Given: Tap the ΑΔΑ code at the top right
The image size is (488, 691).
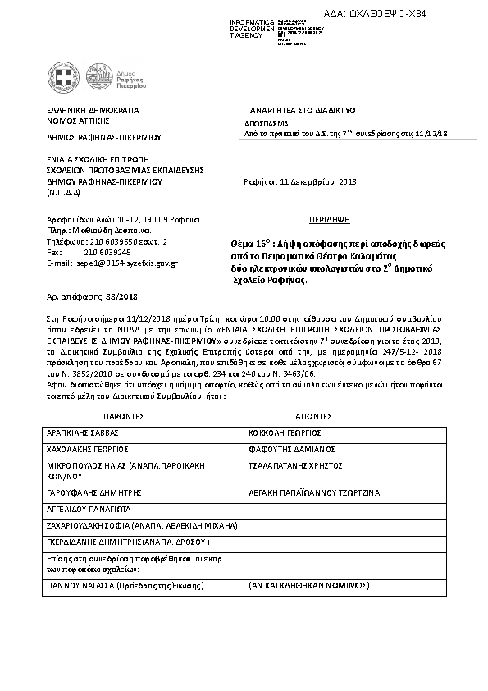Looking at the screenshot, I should coord(424,12).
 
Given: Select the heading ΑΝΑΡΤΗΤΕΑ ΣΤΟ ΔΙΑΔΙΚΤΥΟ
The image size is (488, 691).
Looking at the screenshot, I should coord(301,109).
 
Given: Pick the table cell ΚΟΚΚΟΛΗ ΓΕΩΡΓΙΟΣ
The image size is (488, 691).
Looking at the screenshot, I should coord(284,432).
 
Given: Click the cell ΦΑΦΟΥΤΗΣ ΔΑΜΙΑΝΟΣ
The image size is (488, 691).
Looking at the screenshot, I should coord(287,449).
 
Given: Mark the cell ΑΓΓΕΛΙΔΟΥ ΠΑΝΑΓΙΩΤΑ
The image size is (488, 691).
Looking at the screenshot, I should coord(93,510).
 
